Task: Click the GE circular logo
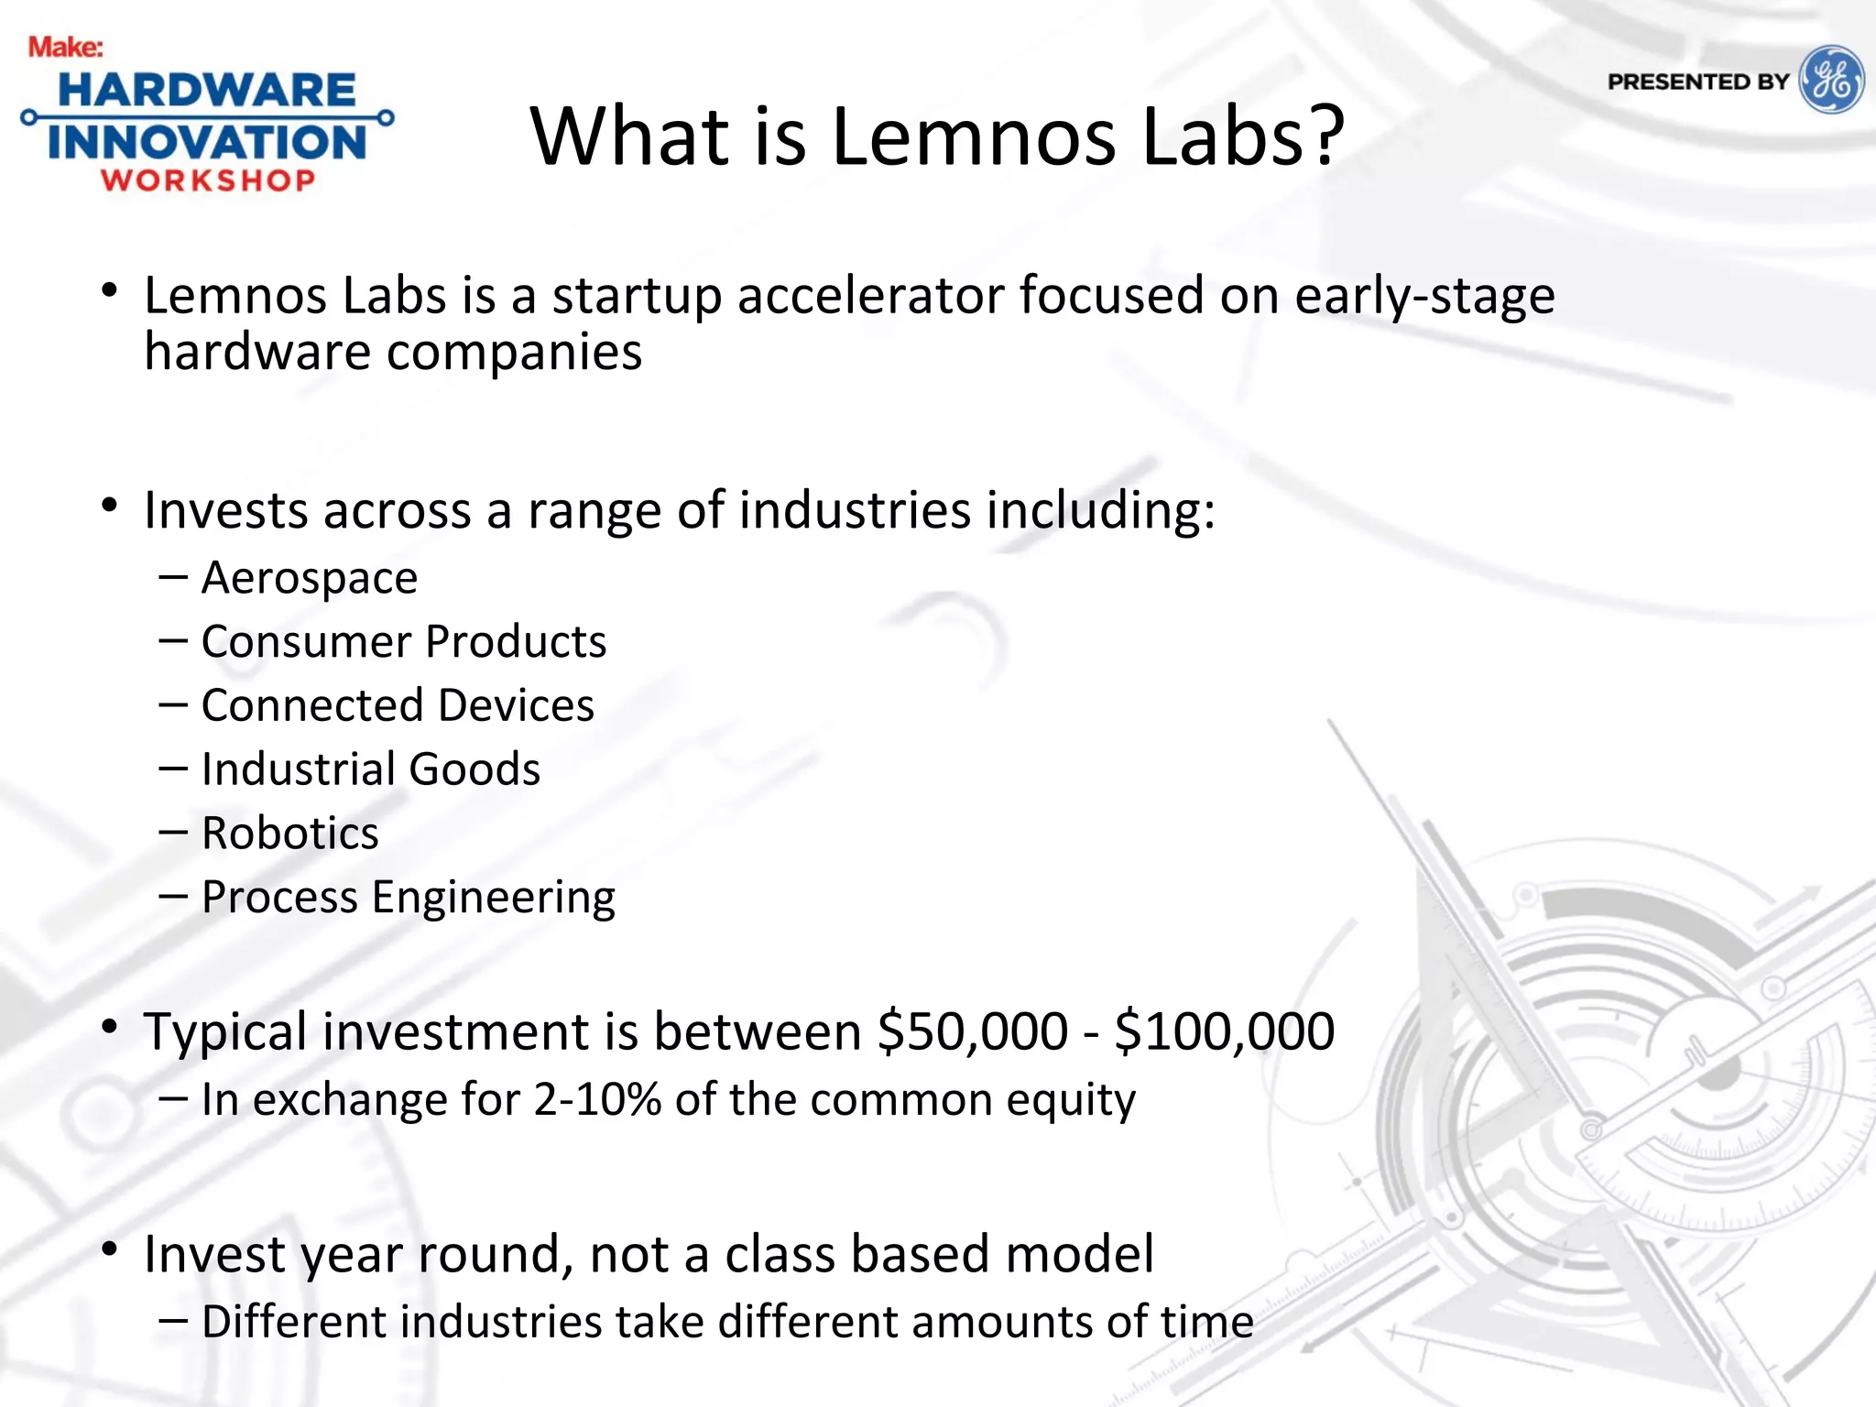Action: pos(1830,80)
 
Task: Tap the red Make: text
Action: pos(65,47)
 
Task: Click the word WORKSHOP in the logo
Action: pos(208,180)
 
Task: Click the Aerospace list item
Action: pos(310,578)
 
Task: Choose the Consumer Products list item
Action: pos(403,641)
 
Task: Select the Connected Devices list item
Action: pos(398,705)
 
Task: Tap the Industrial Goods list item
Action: pos(370,769)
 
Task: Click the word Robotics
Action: pos(289,834)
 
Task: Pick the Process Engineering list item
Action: pos(408,898)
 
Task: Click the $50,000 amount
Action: pos(972,1031)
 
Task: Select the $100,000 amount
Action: pos(1224,1031)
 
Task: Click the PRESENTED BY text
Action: pos(1697,82)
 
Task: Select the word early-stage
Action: pos(1424,296)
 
